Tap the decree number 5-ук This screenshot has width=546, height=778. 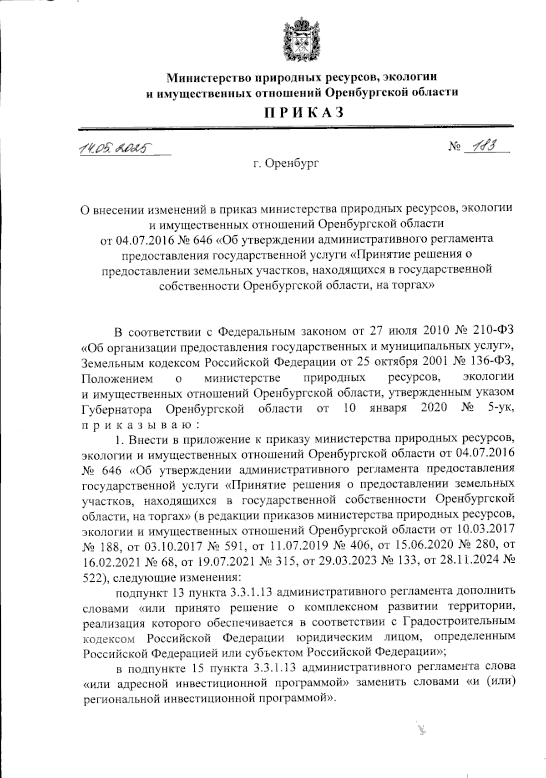(500, 408)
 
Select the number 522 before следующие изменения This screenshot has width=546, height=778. (93, 578)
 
